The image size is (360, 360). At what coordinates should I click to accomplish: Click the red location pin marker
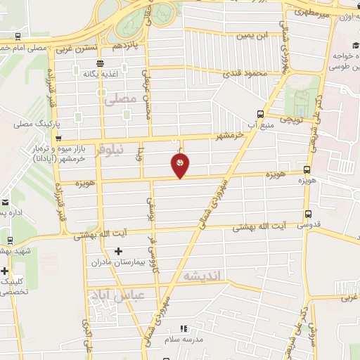181,165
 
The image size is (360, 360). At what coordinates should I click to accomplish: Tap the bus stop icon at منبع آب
261,114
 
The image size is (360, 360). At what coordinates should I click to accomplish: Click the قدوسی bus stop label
309,226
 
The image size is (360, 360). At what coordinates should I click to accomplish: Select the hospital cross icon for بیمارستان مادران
118,251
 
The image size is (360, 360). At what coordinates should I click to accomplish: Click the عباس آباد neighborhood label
118,296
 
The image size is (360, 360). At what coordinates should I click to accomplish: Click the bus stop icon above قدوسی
308,214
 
